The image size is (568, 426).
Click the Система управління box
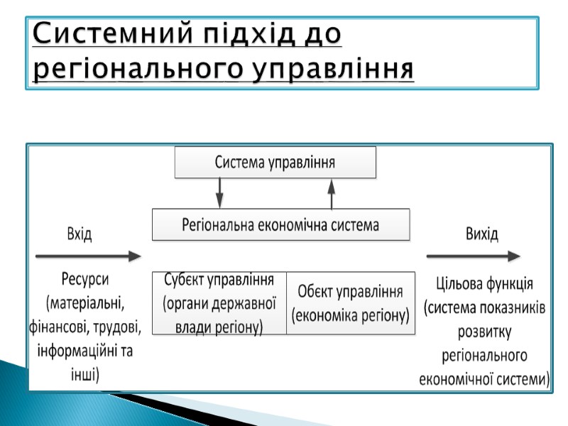(275, 162)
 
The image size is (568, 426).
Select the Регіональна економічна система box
(280, 225)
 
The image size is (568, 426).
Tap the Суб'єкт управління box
(219, 303)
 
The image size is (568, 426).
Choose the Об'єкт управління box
(351, 303)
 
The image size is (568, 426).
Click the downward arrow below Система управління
(219, 192)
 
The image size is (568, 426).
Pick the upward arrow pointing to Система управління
(330, 192)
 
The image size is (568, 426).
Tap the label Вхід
(79, 234)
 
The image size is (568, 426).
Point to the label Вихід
(481, 234)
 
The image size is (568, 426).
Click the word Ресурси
(89, 280)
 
